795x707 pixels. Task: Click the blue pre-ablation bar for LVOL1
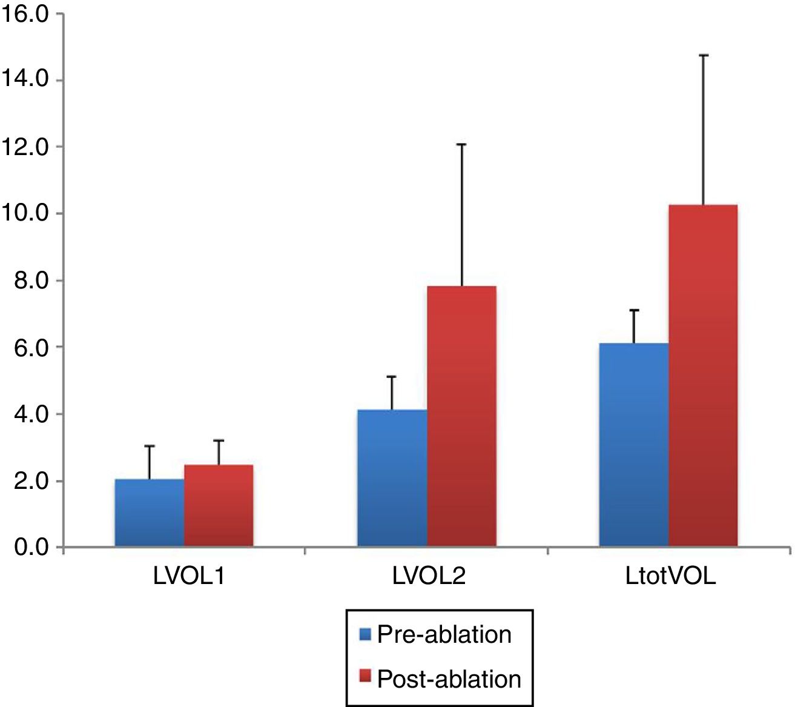point(150,513)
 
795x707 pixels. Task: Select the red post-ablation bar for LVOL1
point(219,506)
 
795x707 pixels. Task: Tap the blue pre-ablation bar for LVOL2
point(392,479)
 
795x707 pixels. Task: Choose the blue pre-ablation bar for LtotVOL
point(634,445)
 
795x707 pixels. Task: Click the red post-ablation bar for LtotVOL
point(703,376)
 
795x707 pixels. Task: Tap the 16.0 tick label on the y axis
point(25,15)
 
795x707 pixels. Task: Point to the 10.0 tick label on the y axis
point(25,214)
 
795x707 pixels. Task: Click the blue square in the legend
point(365,634)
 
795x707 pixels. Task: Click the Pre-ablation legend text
point(444,634)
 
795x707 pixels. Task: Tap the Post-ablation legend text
point(449,679)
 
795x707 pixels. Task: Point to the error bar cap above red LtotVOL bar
point(703,56)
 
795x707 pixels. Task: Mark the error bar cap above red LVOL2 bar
point(461,144)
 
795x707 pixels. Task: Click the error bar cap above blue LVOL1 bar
point(150,446)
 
